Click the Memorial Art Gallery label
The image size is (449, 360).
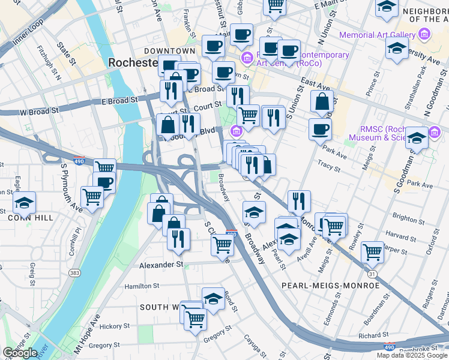(378, 35)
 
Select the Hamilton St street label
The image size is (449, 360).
(142, 287)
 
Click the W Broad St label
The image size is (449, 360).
(39, 111)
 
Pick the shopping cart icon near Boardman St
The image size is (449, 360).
(373, 252)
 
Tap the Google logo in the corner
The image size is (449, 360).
(20, 352)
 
